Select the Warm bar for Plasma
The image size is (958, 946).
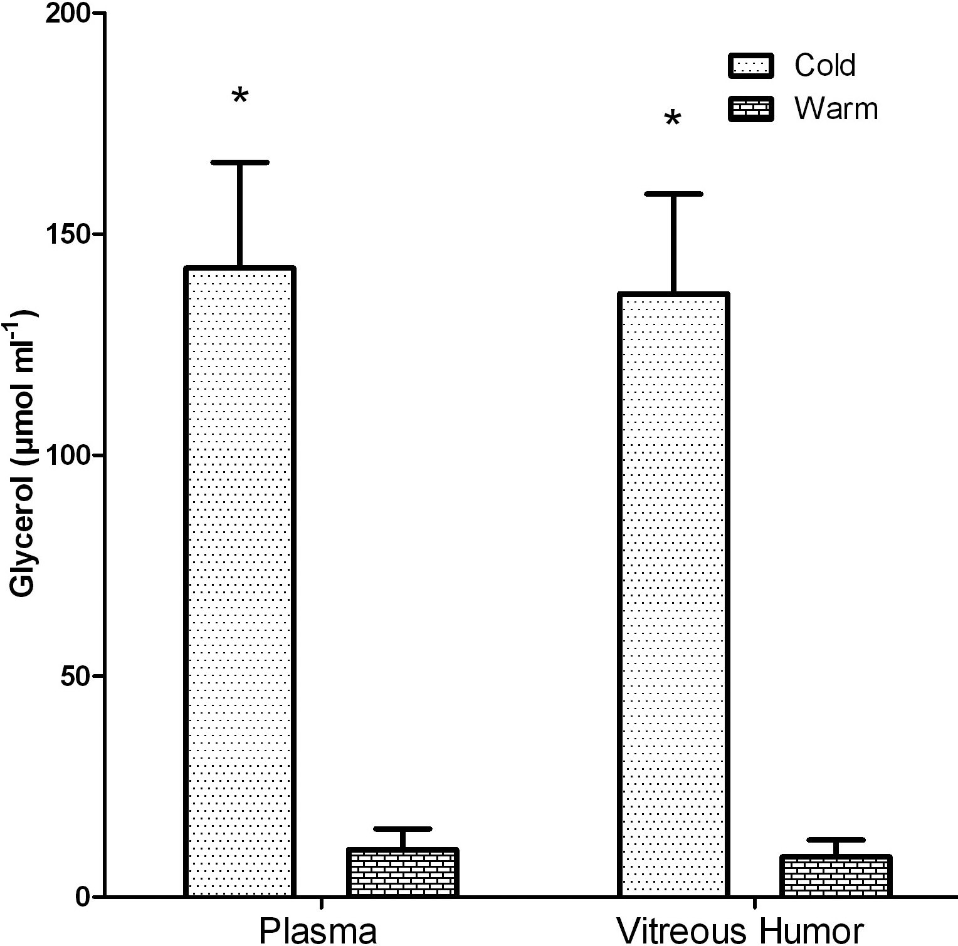click(403, 872)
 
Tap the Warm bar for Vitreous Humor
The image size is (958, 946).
click(836, 875)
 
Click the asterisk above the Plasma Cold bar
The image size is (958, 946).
click(240, 97)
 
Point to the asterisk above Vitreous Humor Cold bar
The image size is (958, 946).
click(673, 119)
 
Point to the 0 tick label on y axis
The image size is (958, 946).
click(83, 897)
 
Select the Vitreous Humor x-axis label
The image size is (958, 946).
click(740, 931)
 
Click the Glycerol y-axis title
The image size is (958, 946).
click(24, 454)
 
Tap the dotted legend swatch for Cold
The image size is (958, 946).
click(751, 65)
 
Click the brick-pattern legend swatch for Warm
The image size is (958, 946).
click(751, 109)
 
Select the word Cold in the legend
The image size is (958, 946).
click(824, 65)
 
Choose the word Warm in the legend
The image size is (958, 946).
click(836, 109)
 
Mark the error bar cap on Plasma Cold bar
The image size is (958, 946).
click(240, 162)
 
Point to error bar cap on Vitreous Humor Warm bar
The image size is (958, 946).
click(836, 839)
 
